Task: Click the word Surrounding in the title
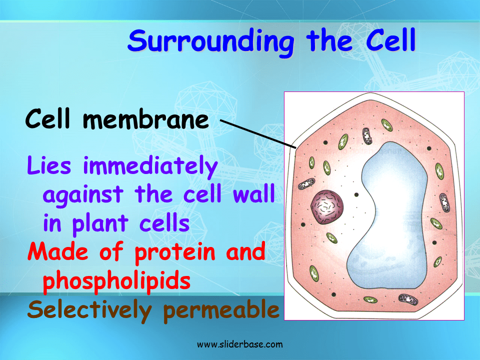[x=210, y=41]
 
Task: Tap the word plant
[x=102, y=223]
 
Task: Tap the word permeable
[x=221, y=310]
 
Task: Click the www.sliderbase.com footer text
[x=240, y=344]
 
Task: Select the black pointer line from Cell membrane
[x=258, y=133]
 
